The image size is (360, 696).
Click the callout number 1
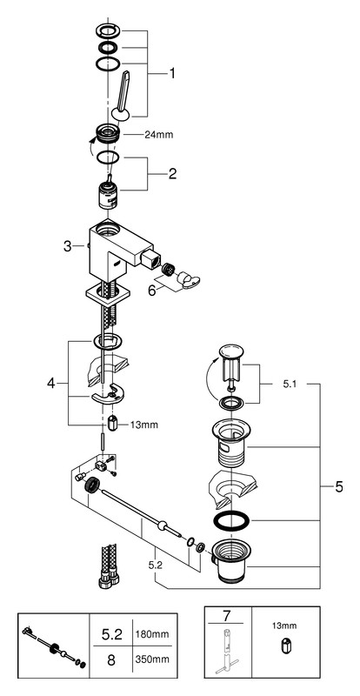pos(171,73)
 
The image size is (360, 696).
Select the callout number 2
pos(172,173)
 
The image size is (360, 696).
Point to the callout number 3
pos(68,246)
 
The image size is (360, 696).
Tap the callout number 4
pos(51,383)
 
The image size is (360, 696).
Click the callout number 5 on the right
pos(338,487)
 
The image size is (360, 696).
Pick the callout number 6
pos(152,291)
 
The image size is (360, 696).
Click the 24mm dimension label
pos(159,135)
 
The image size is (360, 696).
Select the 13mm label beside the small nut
pos(144,425)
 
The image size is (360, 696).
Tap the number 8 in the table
pos(111,660)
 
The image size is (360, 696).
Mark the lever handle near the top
pos(122,96)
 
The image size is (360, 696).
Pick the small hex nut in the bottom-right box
pos(284,646)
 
